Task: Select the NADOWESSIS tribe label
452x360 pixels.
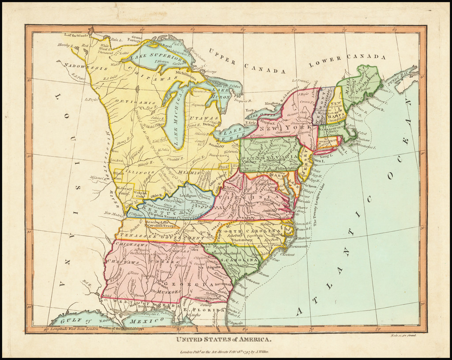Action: pos(86,67)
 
